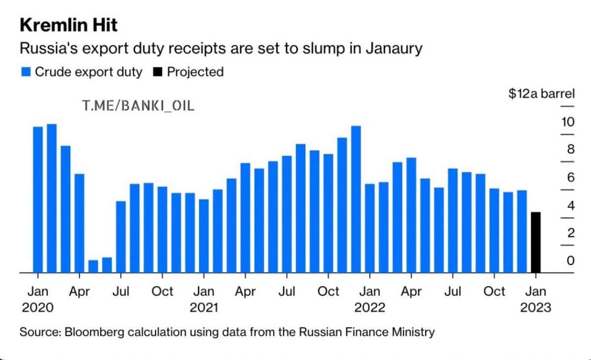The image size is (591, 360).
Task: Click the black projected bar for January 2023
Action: (536, 242)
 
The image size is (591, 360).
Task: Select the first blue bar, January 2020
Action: (38, 199)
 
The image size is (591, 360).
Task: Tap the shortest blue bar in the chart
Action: (93, 266)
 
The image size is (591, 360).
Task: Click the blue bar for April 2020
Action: (79, 223)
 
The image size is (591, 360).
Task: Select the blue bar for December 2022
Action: (522, 231)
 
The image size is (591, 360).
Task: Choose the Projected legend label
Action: (195, 72)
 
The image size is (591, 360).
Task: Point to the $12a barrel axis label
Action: (541, 94)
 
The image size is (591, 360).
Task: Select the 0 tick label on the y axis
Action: (570, 260)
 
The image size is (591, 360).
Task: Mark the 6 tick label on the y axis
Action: (570, 177)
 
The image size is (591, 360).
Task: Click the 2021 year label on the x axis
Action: (204, 307)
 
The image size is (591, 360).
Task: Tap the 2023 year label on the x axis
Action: (535, 307)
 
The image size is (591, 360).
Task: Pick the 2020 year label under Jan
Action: (37, 307)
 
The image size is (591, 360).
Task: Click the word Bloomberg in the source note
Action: (94, 331)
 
